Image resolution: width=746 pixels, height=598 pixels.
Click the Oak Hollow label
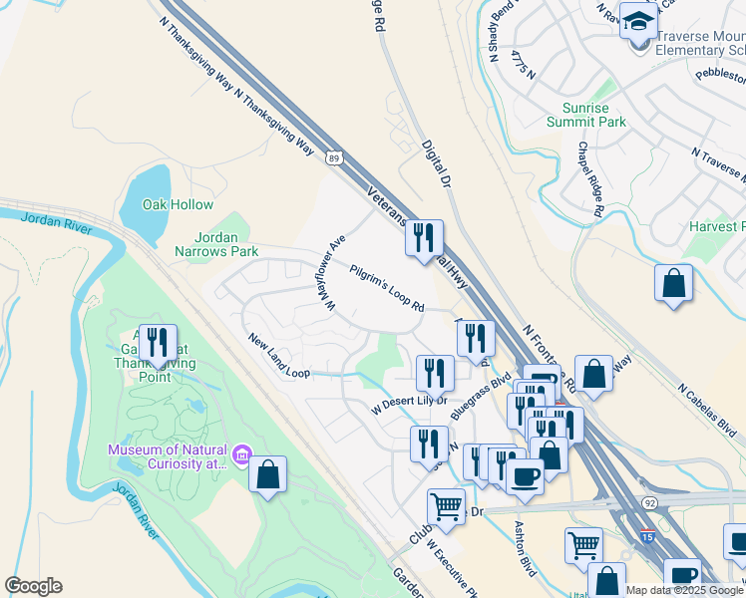coord(178,204)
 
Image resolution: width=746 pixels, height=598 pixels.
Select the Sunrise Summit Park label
coord(586,115)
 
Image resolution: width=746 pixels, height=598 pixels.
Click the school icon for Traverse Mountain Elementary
coord(637,19)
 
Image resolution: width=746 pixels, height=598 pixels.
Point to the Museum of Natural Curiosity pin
coord(240,456)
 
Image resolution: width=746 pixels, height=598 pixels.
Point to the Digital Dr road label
coord(438,164)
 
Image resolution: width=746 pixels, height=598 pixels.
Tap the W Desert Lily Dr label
coord(410,403)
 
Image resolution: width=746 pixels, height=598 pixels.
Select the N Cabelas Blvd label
coord(708,411)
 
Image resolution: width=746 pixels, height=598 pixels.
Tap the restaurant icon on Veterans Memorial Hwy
coord(425,237)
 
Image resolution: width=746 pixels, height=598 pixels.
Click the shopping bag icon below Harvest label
coord(674,282)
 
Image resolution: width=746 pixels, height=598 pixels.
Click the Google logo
coord(33,586)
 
